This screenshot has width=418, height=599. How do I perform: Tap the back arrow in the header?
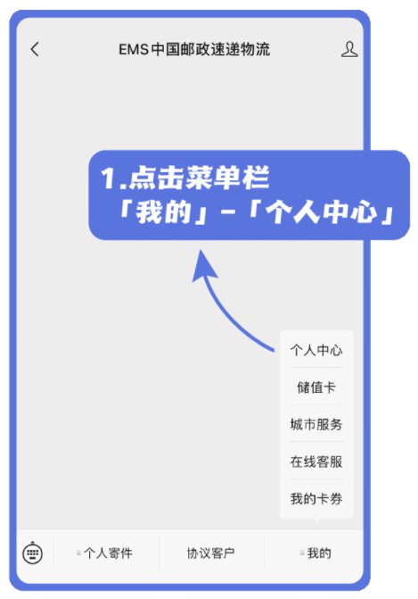(x=35, y=49)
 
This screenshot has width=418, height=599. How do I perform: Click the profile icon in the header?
(x=349, y=50)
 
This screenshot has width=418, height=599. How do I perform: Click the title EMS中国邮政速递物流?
(x=194, y=50)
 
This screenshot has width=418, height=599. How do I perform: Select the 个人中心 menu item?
(x=316, y=350)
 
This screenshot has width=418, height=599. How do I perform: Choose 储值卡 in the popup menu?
(x=316, y=387)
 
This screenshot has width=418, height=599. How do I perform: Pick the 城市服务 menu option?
(x=316, y=424)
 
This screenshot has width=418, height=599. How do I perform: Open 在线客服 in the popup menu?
(x=316, y=462)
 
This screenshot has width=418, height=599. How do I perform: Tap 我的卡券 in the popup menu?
(x=316, y=498)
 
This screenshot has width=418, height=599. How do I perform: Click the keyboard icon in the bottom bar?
(x=33, y=553)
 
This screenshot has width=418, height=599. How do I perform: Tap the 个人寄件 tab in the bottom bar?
(x=108, y=553)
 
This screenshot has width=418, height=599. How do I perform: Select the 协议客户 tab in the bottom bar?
(x=210, y=553)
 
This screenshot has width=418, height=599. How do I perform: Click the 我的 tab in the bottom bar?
(x=319, y=553)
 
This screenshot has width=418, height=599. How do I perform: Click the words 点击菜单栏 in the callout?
(x=199, y=178)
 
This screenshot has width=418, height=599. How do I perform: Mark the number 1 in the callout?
(x=109, y=178)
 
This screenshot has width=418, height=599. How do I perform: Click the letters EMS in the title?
(x=133, y=50)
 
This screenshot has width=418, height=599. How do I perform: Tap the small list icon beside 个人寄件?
(x=78, y=553)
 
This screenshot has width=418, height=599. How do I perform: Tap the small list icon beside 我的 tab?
(x=302, y=553)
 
